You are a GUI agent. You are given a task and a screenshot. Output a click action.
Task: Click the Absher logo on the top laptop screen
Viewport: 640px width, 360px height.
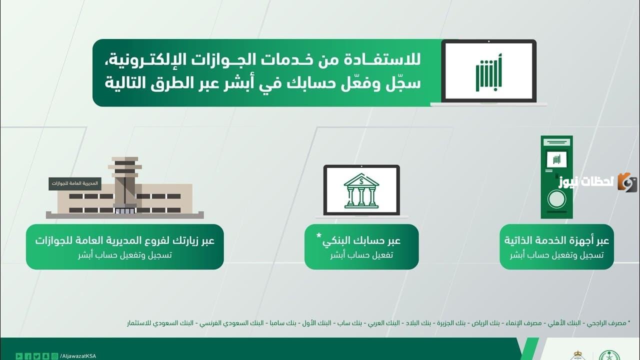tap(488, 72)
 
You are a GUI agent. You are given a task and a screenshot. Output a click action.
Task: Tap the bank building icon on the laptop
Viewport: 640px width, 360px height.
tap(361, 190)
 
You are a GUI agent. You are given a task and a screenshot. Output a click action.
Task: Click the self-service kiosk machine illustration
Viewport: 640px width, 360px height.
tap(556, 177)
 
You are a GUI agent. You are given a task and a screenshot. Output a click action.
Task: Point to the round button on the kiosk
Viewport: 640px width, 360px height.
tap(556, 199)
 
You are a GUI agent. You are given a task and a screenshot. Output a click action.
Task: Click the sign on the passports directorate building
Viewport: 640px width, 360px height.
tap(75, 183)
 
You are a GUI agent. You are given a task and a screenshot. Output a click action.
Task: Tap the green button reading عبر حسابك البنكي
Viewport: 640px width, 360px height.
tap(361, 246)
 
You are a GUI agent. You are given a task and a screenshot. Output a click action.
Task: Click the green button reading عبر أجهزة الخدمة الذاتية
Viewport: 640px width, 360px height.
tap(556, 246)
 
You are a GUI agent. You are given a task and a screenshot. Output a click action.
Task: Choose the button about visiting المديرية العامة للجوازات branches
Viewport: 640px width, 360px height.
tap(124, 246)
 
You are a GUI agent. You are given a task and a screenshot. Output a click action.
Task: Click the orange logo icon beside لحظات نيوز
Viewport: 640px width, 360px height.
tap(627, 182)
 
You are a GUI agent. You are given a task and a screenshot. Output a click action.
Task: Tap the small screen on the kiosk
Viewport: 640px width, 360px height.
tap(556, 159)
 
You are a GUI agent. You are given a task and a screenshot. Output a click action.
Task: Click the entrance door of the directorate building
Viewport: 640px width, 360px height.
tap(124, 210)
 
